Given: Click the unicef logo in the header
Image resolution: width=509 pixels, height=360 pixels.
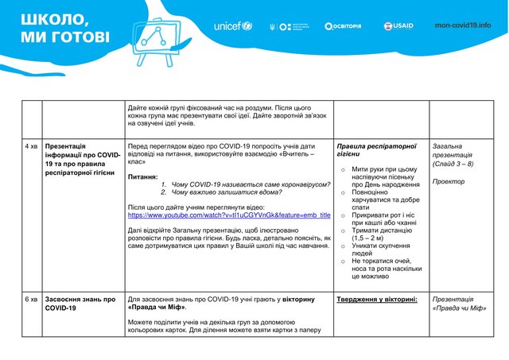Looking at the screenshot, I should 232,25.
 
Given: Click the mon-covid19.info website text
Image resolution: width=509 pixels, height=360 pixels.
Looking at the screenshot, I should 463,25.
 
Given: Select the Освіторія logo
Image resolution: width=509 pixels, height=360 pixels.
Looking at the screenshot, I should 343,25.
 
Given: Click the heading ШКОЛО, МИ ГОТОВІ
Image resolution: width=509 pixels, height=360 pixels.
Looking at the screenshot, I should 65,27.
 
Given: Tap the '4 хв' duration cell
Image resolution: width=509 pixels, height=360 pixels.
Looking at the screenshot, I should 31,147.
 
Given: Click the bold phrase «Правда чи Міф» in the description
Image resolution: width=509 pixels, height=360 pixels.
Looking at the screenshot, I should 156,307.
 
